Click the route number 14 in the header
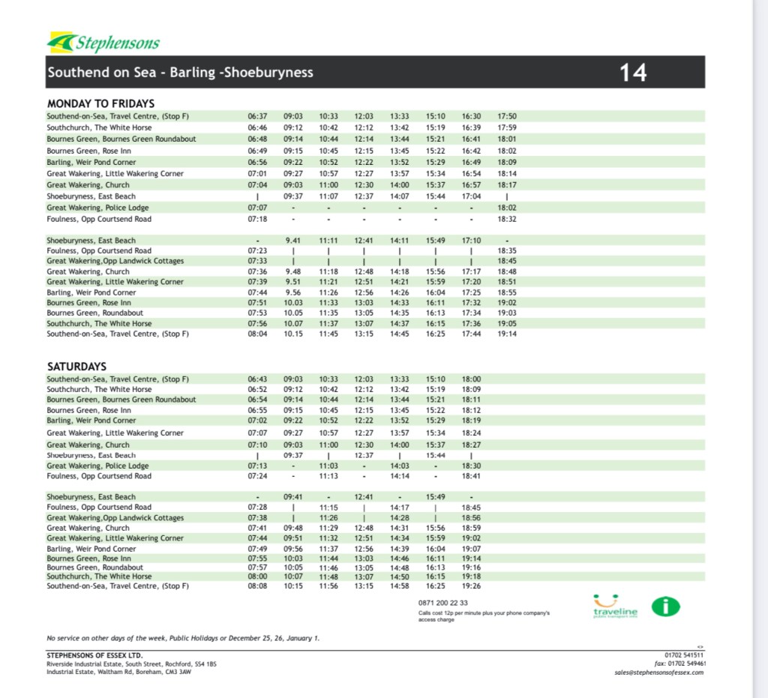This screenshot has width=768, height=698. [633, 73]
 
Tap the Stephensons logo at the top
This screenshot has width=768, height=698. [103, 43]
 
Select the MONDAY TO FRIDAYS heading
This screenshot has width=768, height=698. [100, 103]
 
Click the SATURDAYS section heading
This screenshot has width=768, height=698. [76, 367]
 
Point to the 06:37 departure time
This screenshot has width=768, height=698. [257, 116]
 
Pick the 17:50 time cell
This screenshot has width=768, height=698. [507, 116]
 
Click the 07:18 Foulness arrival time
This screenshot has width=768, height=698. [257, 219]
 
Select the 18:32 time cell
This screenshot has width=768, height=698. [507, 219]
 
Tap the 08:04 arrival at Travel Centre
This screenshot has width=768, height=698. [257, 334]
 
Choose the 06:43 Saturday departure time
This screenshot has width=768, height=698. [257, 379]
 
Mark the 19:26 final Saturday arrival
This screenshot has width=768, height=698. [472, 586]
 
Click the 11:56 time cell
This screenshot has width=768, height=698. [328, 586]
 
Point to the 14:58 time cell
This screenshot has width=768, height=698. [400, 586]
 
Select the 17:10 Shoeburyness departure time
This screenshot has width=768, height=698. [472, 241]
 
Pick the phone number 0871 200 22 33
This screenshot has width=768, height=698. [443, 603]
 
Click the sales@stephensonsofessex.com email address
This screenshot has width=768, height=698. [659, 673]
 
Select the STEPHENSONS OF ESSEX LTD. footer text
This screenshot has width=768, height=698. [88, 654]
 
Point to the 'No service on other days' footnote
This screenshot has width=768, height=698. [183, 638]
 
